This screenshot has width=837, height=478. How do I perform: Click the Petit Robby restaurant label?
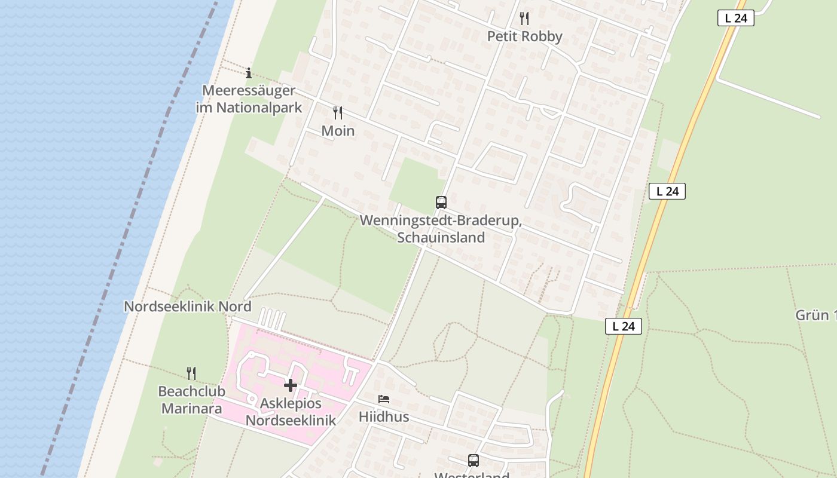pyautogui.click(x=524, y=36)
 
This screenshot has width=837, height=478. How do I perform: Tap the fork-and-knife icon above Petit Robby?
pyautogui.click(x=524, y=18)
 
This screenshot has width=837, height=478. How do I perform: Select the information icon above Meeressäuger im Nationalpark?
pyautogui.click(x=249, y=73)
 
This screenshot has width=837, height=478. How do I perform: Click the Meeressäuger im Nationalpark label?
pyautogui.click(x=249, y=99)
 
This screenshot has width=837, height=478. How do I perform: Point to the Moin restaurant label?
pyautogui.click(x=338, y=131)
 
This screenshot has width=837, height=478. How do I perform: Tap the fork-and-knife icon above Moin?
pyautogui.click(x=338, y=112)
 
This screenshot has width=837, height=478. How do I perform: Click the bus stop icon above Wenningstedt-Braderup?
pyautogui.click(x=441, y=203)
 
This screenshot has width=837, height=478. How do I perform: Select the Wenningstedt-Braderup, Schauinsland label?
pyautogui.click(x=441, y=229)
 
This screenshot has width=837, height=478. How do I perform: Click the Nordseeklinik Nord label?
pyautogui.click(x=187, y=307)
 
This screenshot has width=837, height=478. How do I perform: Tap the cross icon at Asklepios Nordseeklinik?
pyautogui.click(x=291, y=385)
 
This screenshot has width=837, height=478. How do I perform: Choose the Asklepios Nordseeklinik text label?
pyautogui.click(x=291, y=412)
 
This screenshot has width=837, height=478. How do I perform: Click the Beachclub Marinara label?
pyautogui.click(x=191, y=400)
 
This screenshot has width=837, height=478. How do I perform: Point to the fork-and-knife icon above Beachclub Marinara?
pyautogui.click(x=191, y=373)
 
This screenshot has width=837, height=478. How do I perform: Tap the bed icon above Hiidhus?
pyautogui.click(x=384, y=399)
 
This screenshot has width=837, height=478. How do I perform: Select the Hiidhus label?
pyautogui.click(x=384, y=416)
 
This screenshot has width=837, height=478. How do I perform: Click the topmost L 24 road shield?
pyautogui.click(x=735, y=19)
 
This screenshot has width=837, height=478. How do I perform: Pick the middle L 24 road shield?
pyautogui.click(x=667, y=191)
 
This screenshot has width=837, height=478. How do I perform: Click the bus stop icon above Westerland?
pyautogui.click(x=474, y=461)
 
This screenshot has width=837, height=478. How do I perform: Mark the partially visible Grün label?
pyautogui.click(x=815, y=315)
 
